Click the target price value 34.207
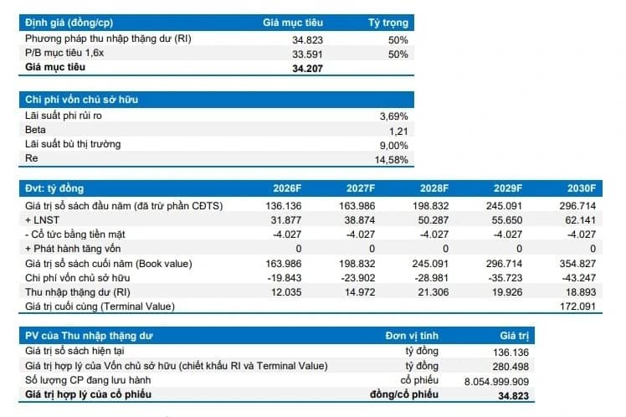[x=307, y=69]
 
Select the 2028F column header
[x=434, y=188]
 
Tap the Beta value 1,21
[x=398, y=131]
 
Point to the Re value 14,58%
[x=392, y=160]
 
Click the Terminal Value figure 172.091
[x=577, y=306]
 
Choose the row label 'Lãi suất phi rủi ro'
[x=64, y=116]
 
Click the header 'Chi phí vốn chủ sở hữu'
[x=81, y=100]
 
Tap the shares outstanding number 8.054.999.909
[x=496, y=382]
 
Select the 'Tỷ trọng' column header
[x=388, y=23]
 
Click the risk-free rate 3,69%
[x=393, y=116]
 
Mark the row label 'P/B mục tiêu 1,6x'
[x=64, y=53]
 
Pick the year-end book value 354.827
[x=577, y=264]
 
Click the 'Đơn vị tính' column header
[x=412, y=336]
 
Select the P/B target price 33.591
[x=307, y=54]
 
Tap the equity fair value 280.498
[x=511, y=366]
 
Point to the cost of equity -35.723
[x=505, y=278]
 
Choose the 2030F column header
[x=582, y=188]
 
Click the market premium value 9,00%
[x=393, y=146]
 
